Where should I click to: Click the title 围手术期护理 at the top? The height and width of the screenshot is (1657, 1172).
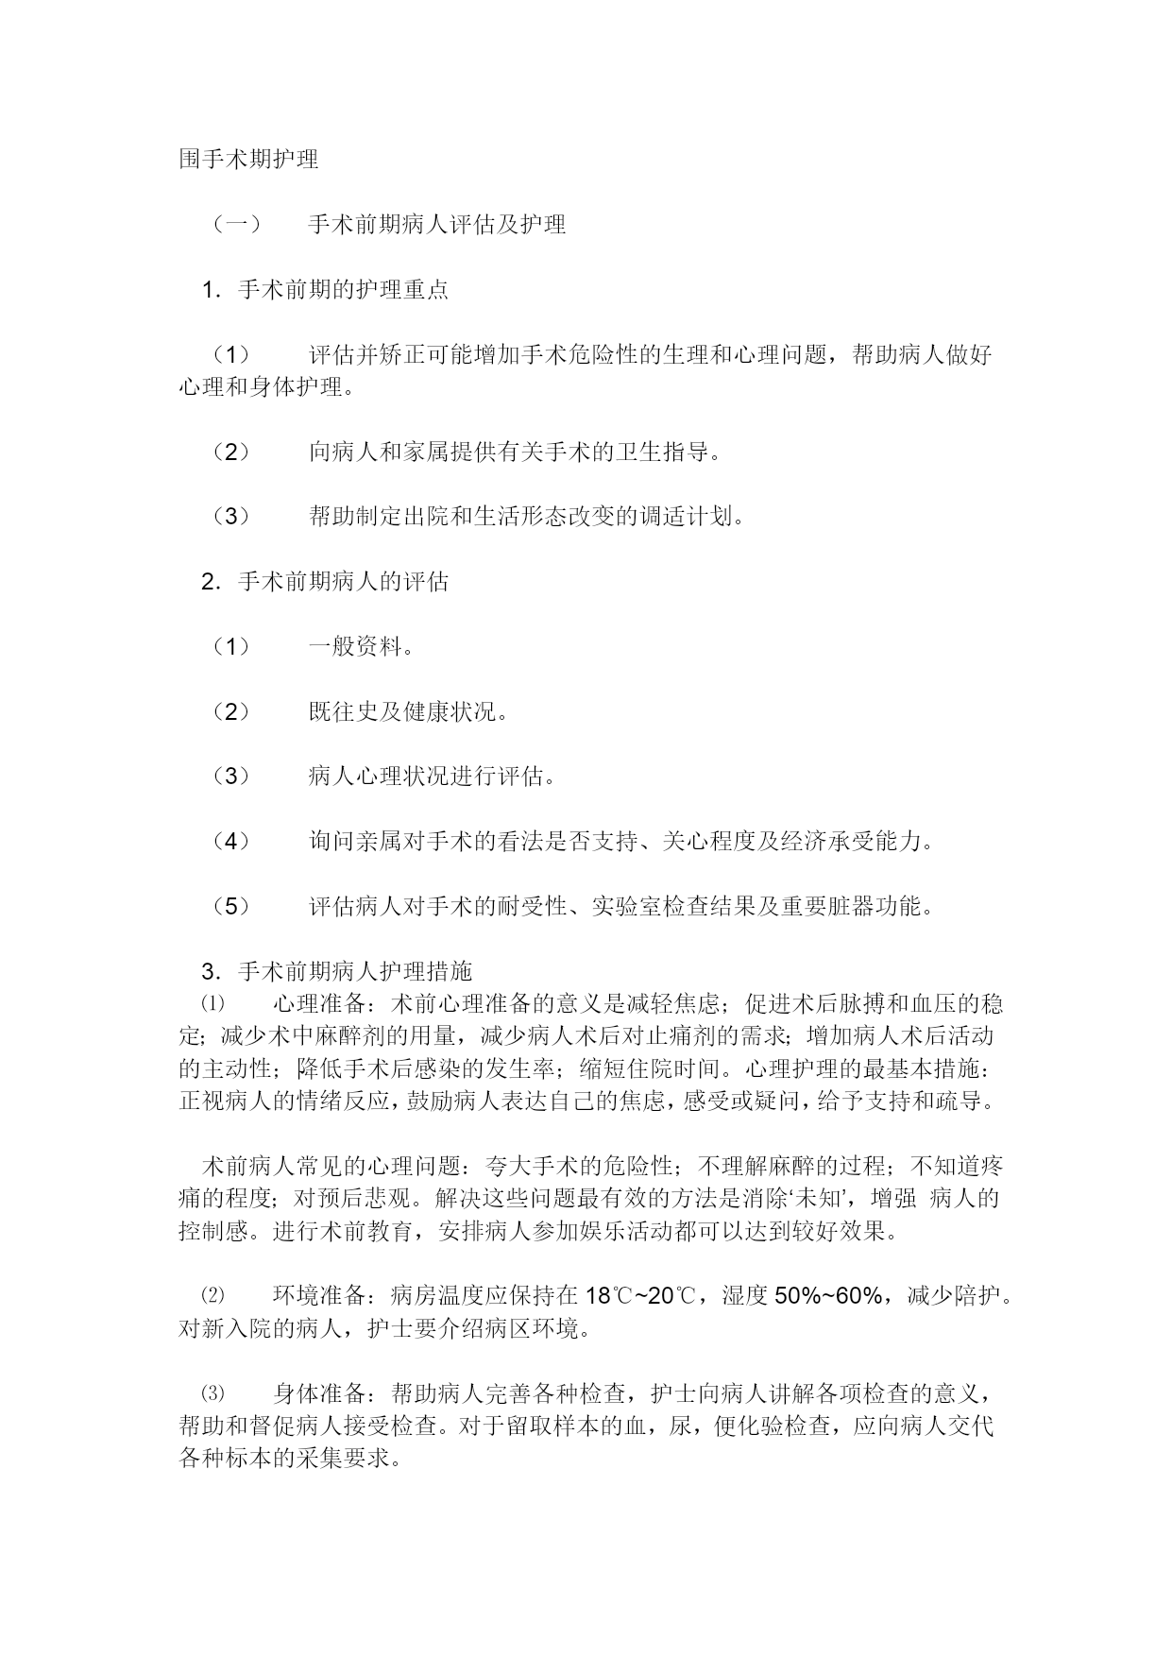point(248,159)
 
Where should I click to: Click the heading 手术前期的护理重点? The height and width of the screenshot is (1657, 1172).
point(343,289)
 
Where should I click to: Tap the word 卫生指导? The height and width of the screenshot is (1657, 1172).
point(661,451)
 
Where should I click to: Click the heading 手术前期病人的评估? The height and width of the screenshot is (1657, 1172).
point(343,581)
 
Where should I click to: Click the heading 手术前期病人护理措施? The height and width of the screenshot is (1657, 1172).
point(355,970)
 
